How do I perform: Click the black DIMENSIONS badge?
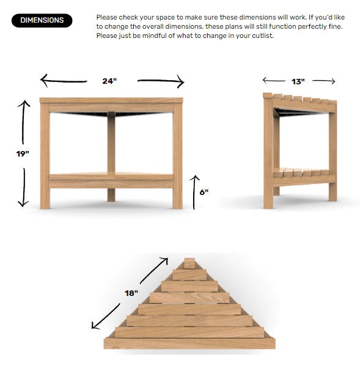coord(42,20)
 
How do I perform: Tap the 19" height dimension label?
coord(23,153)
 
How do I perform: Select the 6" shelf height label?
coord(204,192)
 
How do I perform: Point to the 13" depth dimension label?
coord(298,81)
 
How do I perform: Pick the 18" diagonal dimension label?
coord(131,293)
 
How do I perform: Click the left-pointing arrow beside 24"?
coord(63,80)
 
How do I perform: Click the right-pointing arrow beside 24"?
coord(160,80)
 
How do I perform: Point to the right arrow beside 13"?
coord(324,81)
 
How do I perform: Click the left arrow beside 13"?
coord(273,81)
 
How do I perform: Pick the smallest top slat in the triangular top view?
coord(189,264)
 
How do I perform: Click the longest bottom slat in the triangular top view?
coord(189,343)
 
